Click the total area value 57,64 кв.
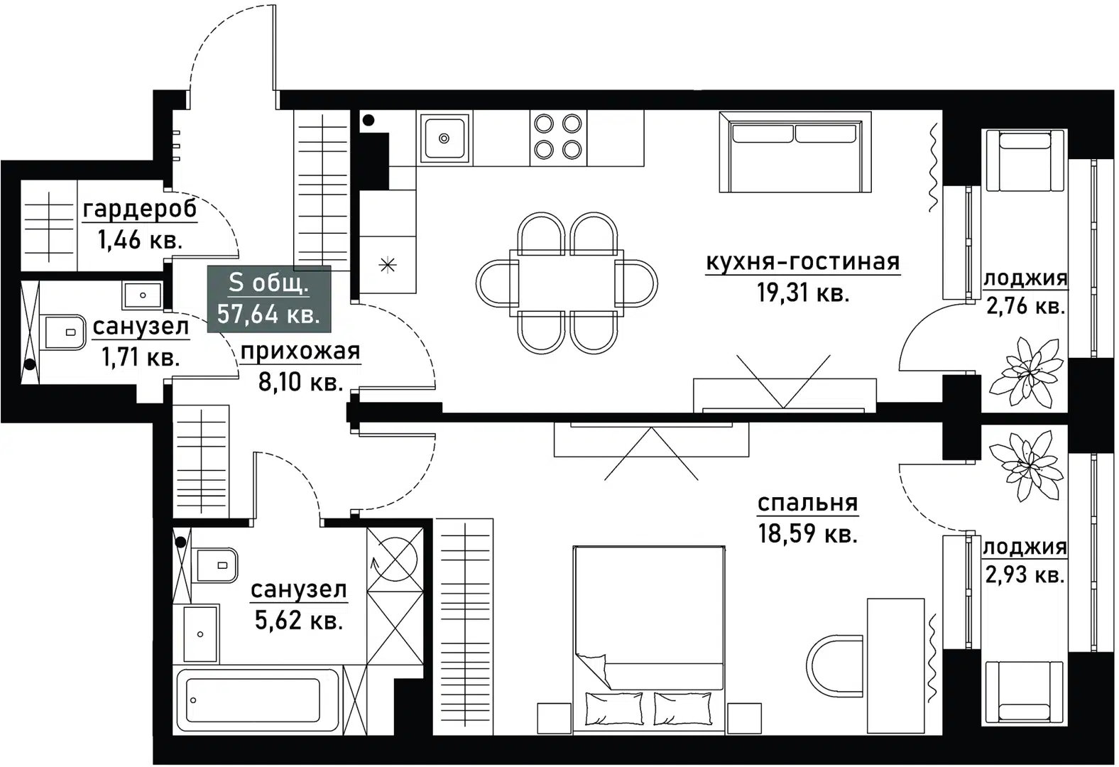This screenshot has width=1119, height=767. click(x=268, y=313)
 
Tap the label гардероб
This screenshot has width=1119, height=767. click(x=140, y=210)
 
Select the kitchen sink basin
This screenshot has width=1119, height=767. click(x=444, y=138)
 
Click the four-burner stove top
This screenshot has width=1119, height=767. click(x=558, y=137)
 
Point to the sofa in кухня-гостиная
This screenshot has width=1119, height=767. click(x=795, y=152)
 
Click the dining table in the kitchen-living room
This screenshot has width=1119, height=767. click(x=567, y=282)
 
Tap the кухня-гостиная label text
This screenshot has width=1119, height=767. click(x=802, y=262)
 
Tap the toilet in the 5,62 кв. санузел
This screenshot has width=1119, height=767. click(x=216, y=565)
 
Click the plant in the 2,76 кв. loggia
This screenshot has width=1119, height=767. click(x=1025, y=370)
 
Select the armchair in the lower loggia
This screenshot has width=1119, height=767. click(x=1024, y=692)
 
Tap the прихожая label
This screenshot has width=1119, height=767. click(x=300, y=352)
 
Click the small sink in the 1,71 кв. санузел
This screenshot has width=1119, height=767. click(x=142, y=295)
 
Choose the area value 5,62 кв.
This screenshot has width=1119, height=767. click(x=298, y=621)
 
